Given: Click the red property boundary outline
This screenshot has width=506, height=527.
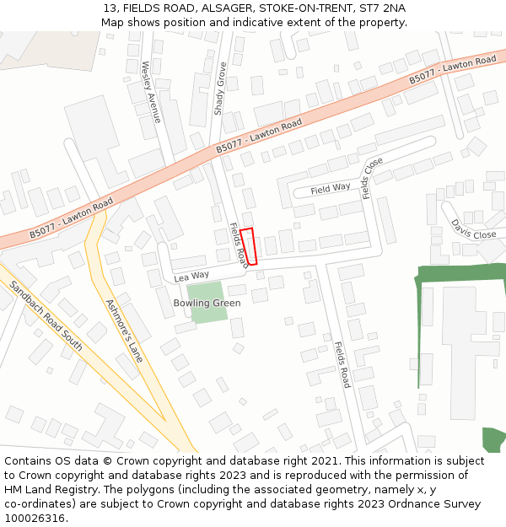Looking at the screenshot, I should tap(248, 246).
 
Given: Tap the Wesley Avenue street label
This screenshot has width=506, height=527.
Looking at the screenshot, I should tap(151, 92).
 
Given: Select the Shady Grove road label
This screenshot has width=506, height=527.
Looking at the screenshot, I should tap(219, 88).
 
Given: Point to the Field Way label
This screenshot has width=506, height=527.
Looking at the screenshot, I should tap(330, 189).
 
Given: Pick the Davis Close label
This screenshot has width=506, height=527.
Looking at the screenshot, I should tap(473, 229).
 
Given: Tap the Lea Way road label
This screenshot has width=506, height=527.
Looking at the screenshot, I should tap(191, 277).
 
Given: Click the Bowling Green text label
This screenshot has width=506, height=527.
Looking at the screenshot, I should tap(207, 303).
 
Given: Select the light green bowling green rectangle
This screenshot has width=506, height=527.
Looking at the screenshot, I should tap(207, 309).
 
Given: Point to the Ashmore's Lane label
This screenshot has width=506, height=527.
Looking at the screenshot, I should tap(124, 331).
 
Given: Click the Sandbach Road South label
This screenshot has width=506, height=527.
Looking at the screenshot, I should tap(46, 316).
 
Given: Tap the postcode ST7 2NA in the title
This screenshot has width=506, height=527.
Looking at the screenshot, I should tap(382, 8).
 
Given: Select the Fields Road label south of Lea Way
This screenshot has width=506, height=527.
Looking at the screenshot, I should tap(341, 364).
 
